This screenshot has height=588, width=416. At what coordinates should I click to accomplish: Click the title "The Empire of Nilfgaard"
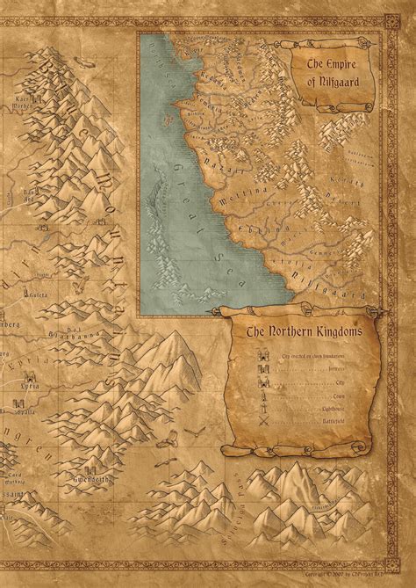337,71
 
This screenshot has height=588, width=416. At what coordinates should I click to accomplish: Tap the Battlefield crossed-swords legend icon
262,422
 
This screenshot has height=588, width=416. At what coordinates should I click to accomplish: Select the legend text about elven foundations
321,357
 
